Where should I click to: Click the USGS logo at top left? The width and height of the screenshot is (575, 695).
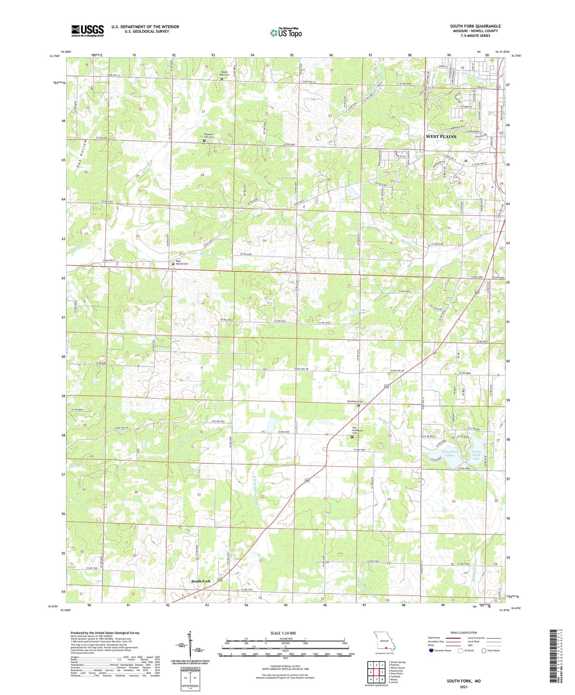[x=87, y=31]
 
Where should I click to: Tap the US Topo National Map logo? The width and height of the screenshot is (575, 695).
[x=285, y=33]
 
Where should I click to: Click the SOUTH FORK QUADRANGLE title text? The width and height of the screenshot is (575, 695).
[x=475, y=26]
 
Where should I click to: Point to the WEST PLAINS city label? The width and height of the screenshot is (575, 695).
[x=441, y=137]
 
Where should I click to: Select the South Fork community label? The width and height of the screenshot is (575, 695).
[x=201, y=581]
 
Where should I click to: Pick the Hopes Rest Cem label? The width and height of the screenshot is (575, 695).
[x=225, y=74]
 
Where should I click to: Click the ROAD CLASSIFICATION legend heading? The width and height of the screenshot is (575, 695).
[x=464, y=633]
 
